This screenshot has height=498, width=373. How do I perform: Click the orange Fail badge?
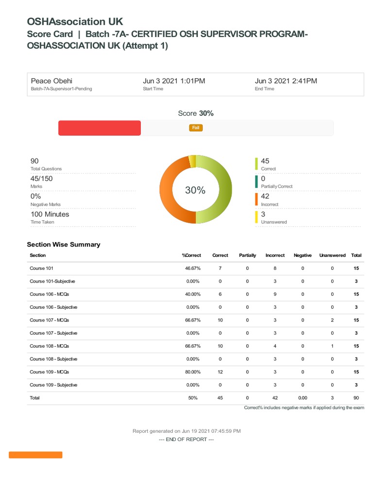click(x=196, y=127)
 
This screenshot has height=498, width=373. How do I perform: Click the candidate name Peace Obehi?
click(x=51, y=81)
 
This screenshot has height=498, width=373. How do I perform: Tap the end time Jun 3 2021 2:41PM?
click(x=286, y=81)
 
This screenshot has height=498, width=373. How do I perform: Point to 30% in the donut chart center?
click(x=195, y=191)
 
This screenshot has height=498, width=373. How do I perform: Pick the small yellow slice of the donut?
click(x=192, y=161)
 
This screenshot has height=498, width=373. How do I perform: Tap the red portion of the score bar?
click(x=100, y=128)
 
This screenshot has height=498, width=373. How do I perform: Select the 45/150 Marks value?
click(x=42, y=178)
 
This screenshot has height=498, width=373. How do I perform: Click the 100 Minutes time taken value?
click(x=50, y=214)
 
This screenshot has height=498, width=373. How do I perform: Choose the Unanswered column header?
click(x=332, y=255)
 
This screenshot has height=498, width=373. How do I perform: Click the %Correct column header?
click(x=191, y=255)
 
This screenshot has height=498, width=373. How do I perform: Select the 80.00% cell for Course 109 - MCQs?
click(x=192, y=372)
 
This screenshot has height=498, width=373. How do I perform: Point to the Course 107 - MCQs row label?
click(x=50, y=320)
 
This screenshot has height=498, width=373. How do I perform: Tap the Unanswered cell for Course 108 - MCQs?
click(x=332, y=346)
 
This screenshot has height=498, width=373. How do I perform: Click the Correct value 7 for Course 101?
click(x=220, y=268)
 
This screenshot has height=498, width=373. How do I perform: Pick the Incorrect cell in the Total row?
click(x=275, y=398)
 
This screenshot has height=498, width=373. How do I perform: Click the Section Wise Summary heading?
click(x=64, y=245)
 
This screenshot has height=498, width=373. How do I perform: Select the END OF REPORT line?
click(x=186, y=439)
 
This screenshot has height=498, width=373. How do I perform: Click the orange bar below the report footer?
click(x=35, y=455)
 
